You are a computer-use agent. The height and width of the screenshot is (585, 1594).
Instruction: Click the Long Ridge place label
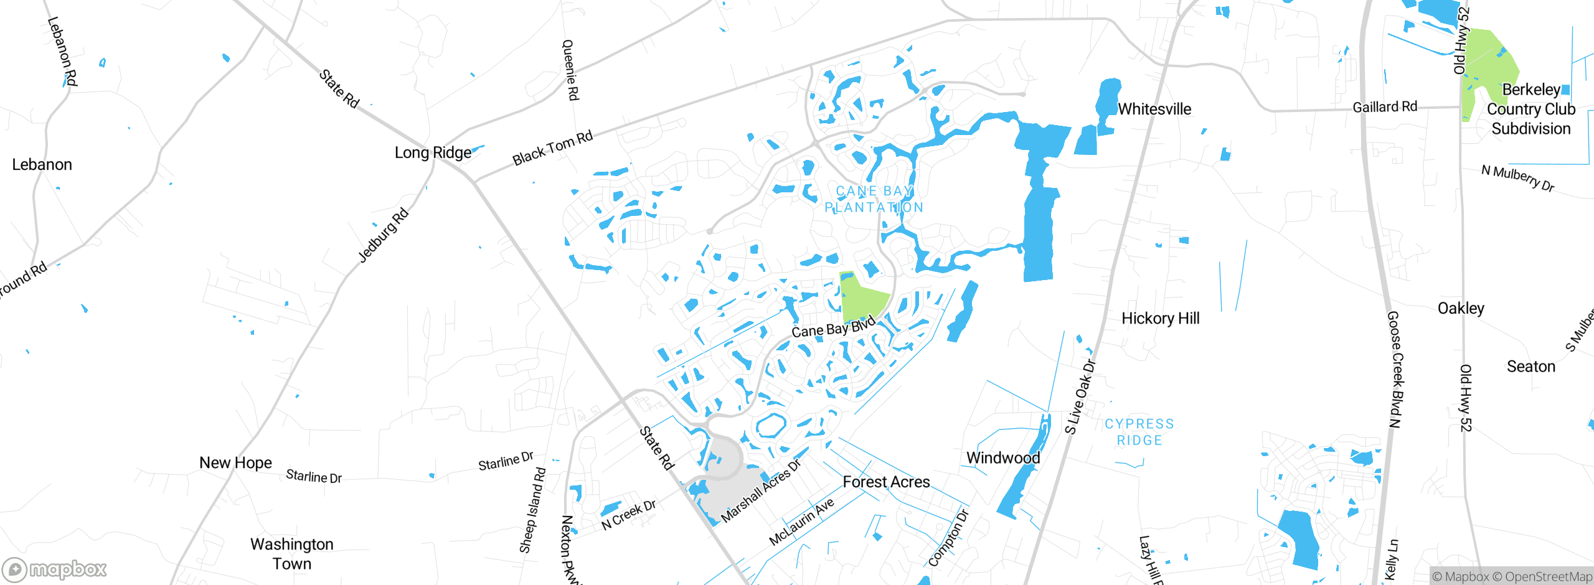(x=433, y=153)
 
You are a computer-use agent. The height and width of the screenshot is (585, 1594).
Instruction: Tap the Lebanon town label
(x=42, y=165)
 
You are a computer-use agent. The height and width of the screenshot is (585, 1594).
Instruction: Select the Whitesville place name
(x=1154, y=110)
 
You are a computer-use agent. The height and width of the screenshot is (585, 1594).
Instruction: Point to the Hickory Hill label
(x=1160, y=319)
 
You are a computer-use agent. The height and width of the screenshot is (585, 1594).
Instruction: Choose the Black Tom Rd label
(x=552, y=148)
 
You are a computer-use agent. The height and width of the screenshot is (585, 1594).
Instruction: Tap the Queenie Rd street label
(x=570, y=70)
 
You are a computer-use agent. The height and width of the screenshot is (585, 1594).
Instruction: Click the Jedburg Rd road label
(x=384, y=235)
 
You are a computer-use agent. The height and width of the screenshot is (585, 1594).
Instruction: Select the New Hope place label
(x=235, y=463)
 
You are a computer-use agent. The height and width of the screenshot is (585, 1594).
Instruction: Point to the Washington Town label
(x=292, y=554)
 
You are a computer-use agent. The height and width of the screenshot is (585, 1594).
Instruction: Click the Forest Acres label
(x=886, y=482)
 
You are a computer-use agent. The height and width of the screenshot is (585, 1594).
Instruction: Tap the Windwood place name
(x=1003, y=458)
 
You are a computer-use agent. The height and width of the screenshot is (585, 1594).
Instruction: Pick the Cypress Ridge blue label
(x=1139, y=432)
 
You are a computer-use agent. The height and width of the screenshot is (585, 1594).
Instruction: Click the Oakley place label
(x=1461, y=309)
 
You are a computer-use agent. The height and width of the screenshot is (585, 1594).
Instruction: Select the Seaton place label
(x=1530, y=367)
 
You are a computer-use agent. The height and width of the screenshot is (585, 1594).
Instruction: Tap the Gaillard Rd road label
(x=1385, y=107)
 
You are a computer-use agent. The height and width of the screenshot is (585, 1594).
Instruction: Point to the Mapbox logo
(x=55, y=569)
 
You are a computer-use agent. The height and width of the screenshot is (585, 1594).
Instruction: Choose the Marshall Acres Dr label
(x=761, y=492)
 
